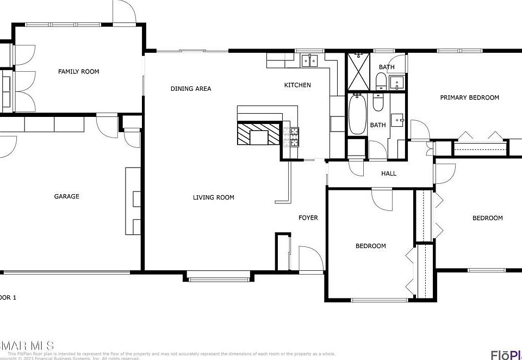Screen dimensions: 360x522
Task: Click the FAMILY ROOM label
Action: click(79, 71)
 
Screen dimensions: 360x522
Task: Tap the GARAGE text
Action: click(66, 196)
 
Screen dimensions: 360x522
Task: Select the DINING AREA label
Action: click(190, 89)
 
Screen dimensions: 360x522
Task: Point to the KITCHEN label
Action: click(297, 85)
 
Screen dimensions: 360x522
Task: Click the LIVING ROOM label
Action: click(213, 197)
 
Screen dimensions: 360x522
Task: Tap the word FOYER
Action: click(308, 218)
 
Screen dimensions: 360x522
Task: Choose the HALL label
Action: click(388, 173)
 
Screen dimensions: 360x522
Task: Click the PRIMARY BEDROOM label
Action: click(469, 97)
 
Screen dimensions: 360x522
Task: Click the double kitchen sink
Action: click(309, 60)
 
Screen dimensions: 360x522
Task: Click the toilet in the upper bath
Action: click(381, 82)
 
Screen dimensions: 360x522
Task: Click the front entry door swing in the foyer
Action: click(308, 259)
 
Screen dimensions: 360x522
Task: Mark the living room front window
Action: click(220, 280)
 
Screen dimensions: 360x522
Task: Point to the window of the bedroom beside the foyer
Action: click(379, 300)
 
